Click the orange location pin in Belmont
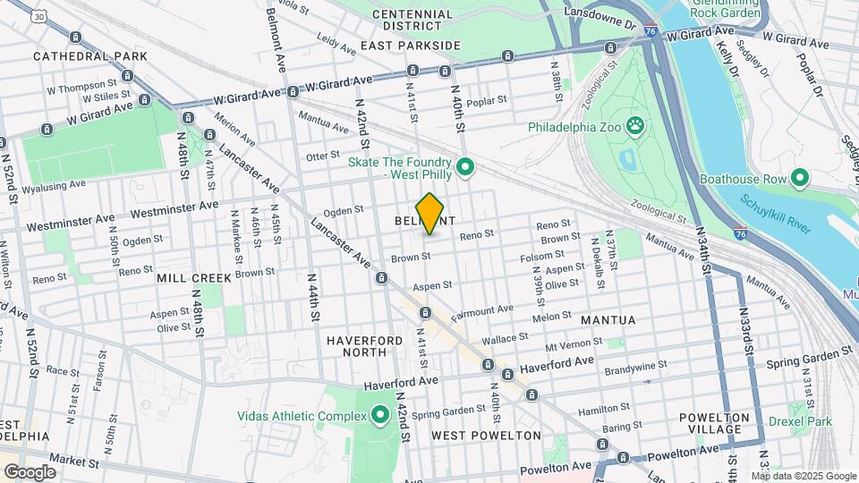pos(430,214)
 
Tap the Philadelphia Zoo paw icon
pos(635,125)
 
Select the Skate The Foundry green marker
pos(464,166)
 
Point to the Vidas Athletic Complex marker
pos(379,415)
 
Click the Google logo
pos(30,471)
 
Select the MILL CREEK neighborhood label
pos(194,278)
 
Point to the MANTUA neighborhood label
pos(608,319)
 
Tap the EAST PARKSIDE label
pos(411,45)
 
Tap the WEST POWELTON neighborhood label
pos(486,436)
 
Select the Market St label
pos(74,462)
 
